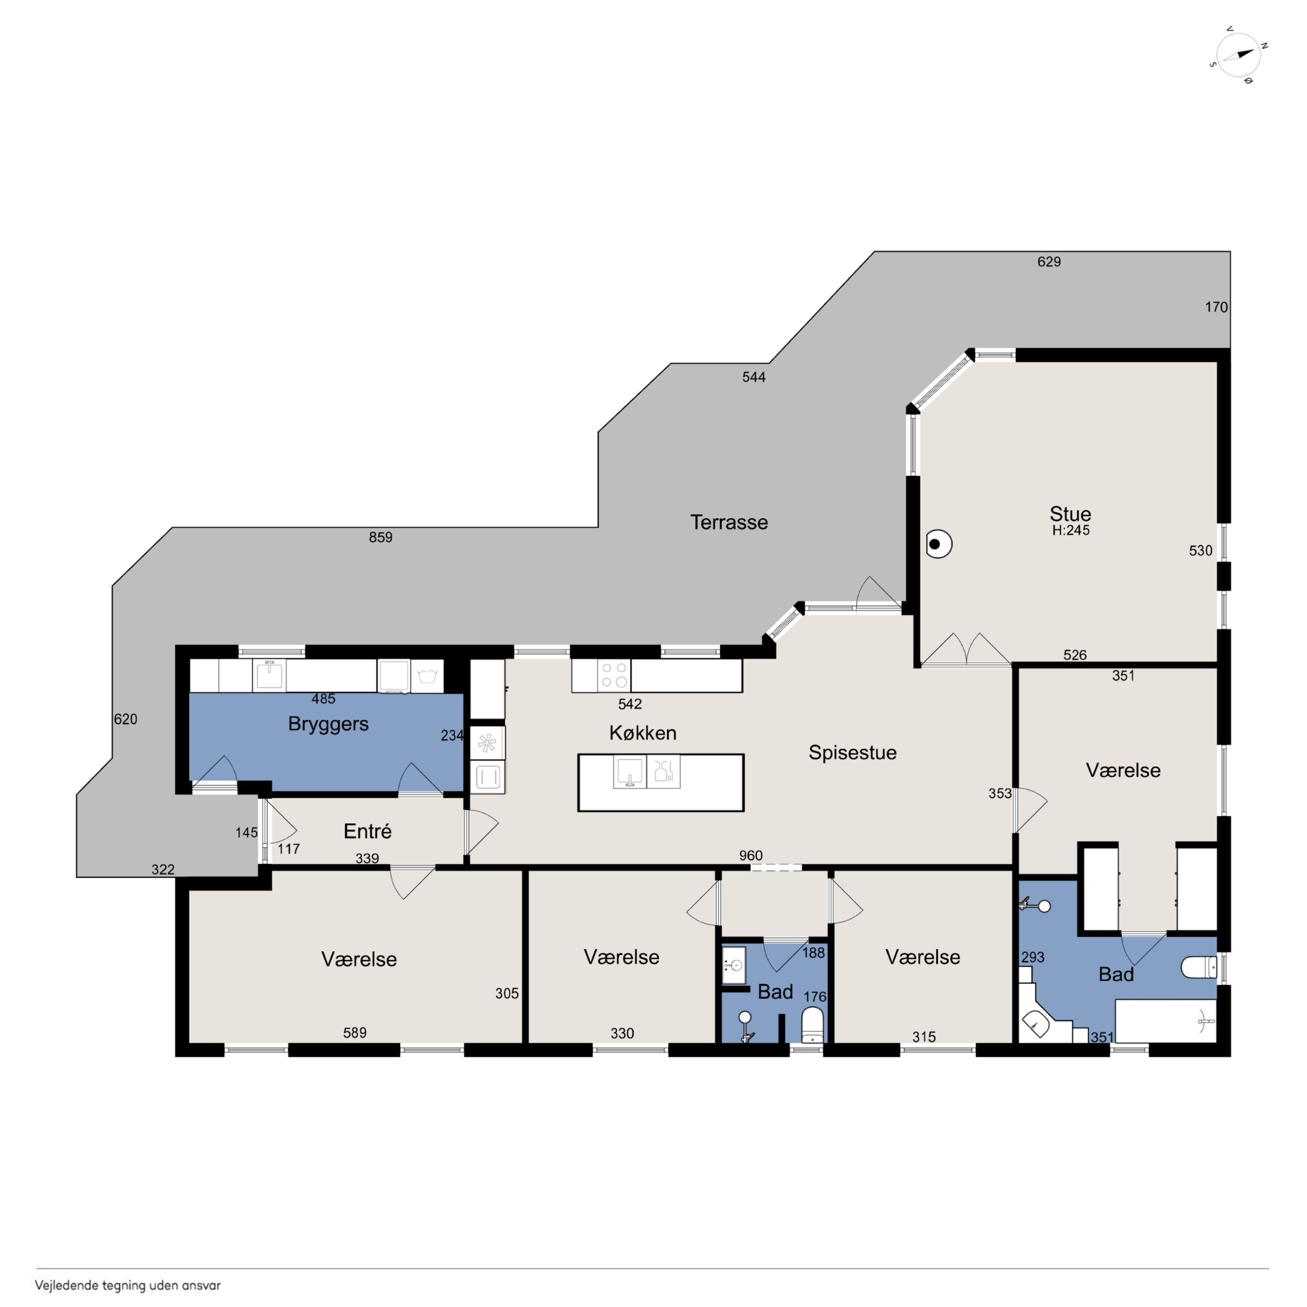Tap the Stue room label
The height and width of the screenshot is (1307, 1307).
(1070, 513)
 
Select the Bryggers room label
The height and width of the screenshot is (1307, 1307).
(328, 724)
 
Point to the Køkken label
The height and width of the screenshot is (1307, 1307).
(642, 732)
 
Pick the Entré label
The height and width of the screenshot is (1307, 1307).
(367, 831)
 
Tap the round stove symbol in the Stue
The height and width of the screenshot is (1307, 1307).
(939, 544)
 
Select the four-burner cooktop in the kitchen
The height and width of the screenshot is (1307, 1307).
(614, 675)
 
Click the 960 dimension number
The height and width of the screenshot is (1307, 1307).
(751, 856)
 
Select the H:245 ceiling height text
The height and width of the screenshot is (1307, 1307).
(1071, 531)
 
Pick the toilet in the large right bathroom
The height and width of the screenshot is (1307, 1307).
(1199, 967)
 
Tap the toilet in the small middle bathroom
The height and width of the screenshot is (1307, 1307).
(812, 1025)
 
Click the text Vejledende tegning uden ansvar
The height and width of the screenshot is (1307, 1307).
(128, 1285)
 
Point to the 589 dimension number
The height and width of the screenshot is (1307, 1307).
(354, 1033)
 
